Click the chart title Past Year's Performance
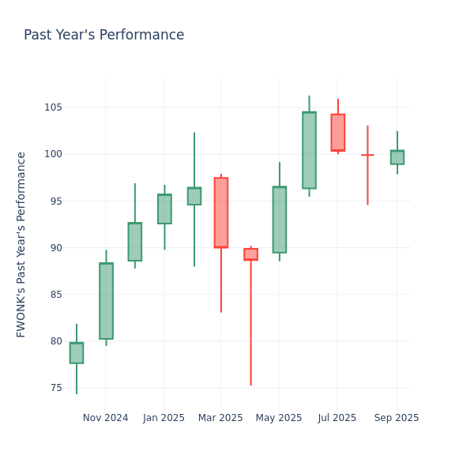click(x=103, y=36)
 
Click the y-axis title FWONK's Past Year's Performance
click(x=21, y=244)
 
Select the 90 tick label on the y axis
click(x=57, y=248)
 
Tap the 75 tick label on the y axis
click(x=57, y=388)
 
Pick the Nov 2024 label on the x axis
click(x=105, y=418)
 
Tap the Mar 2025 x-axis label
click(x=220, y=418)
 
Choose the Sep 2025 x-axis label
click(x=397, y=418)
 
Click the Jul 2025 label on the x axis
click(x=337, y=418)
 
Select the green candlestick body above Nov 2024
click(x=106, y=301)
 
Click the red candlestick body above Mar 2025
click(x=221, y=213)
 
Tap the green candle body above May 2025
click(x=280, y=220)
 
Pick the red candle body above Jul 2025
click(x=338, y=133)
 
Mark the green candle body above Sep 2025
click(x=397, y=157)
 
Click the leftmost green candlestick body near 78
click(x=77, y=353)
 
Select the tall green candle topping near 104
click(x=309, y=150)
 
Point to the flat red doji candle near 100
click(x=367, y=155)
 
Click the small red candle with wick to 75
click(x=250, y=254)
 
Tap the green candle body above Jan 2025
click(x=164, y=209)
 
